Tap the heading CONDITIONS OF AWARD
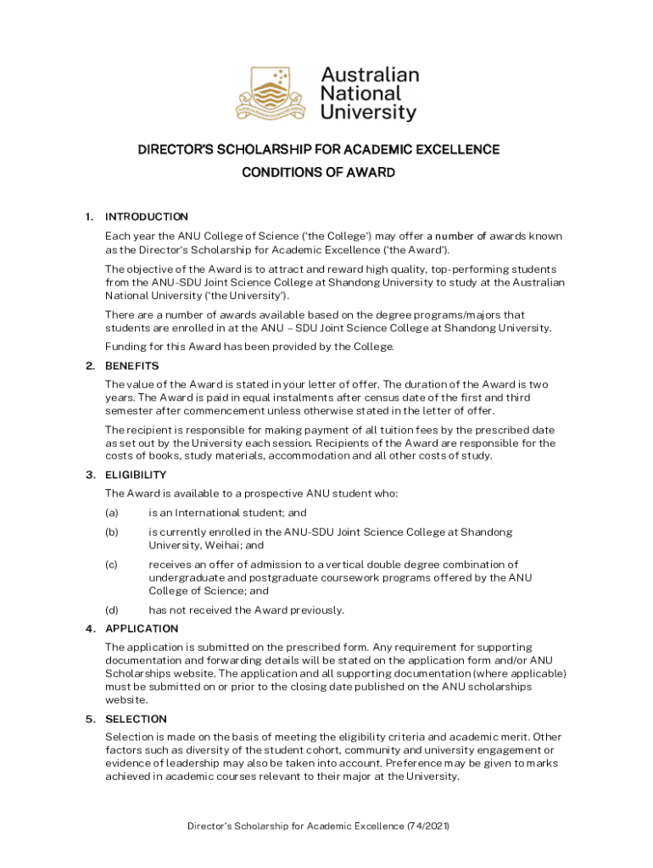click(319, 173)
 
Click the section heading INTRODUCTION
click(147, 216)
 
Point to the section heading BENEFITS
click(131, 366)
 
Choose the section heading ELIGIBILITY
click(136, 475)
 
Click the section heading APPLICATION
click(142, 629)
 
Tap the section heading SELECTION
click(136, 719)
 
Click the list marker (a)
click(112, 513)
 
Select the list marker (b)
click(112, 532)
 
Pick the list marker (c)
click(112, 565)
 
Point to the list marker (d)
click(112, 610)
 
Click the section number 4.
click(89, 629)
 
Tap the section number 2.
click(89, 366)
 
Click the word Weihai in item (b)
click(223, 546)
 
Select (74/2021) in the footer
click(427, 826)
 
